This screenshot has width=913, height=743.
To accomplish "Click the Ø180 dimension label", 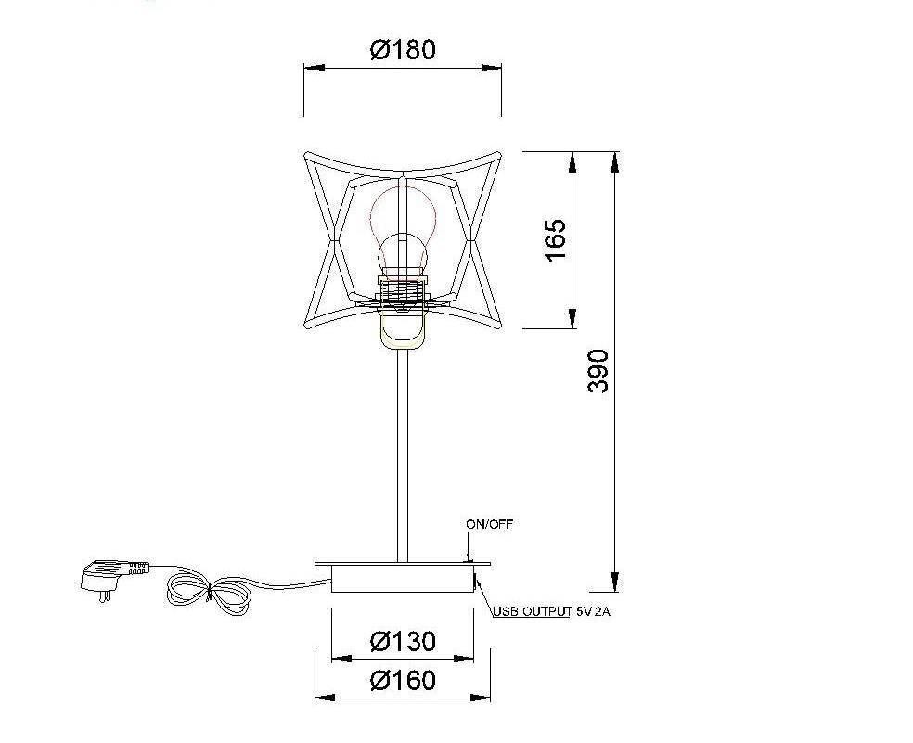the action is (403, 49).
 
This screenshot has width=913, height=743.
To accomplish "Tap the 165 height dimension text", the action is (555, 240).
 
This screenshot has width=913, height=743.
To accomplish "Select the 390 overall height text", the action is (598, 371).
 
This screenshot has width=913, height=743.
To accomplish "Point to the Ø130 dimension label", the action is (403, 641).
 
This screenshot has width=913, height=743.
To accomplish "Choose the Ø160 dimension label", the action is (403, 680).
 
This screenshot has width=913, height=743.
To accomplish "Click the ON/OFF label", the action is (489, 524).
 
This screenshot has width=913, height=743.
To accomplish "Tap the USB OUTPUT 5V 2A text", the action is (551, 611).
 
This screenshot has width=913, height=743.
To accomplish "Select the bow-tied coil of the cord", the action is (208, 595).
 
